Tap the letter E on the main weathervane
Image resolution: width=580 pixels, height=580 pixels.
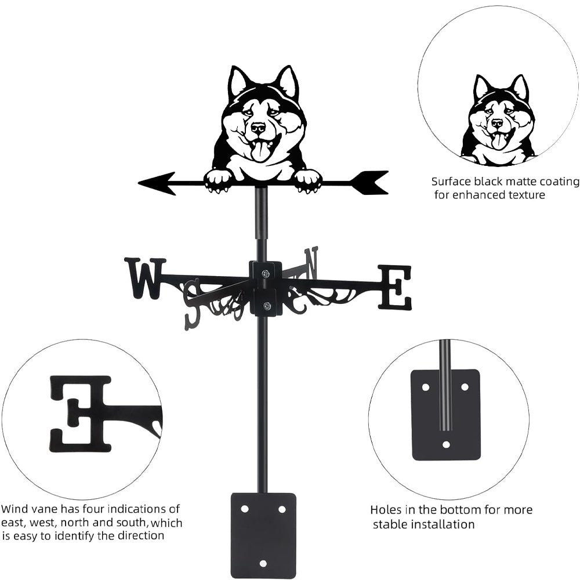(x=396, y=287)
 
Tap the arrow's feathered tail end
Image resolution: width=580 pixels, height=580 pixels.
(x=371, y=182)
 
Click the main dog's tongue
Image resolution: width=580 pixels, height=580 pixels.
(x=261, y=151)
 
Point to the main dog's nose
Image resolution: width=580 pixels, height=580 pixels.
(x=258, y=126)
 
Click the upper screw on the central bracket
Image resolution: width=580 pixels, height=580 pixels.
(x=266, y=274)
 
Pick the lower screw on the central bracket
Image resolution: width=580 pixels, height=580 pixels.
(x=266, y=306)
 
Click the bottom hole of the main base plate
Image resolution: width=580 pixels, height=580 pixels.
(x=263, y=563)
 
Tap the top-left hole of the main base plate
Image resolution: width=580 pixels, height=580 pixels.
(x=244, y=509)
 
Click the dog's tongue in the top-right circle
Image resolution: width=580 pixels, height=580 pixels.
(x=498, y=141)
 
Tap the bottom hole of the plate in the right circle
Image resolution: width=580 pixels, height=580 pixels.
(x=445, y=445)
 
